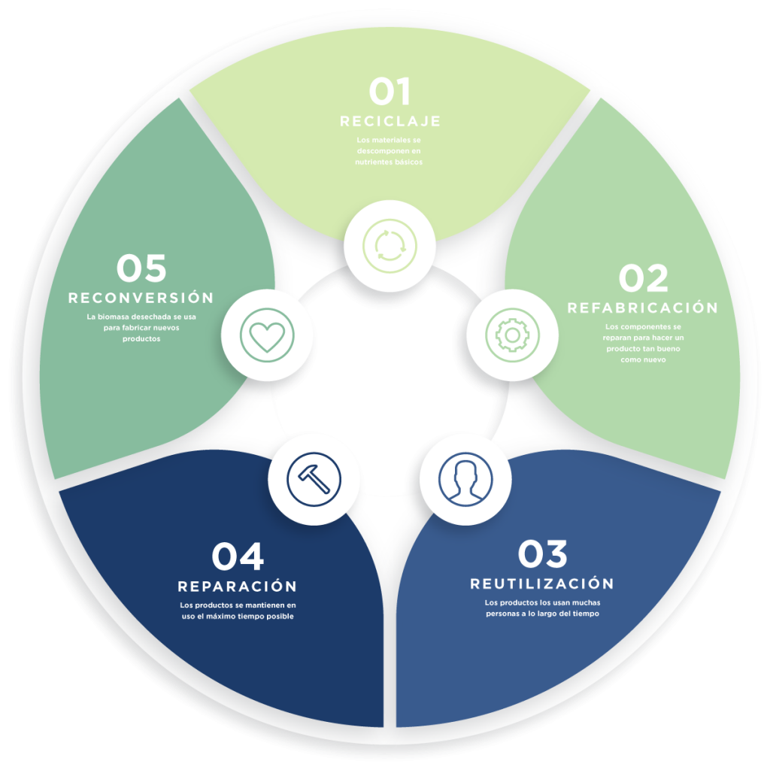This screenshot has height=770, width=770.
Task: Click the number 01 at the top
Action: click(390, 92)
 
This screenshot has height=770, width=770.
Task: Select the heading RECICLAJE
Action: click(390, 121)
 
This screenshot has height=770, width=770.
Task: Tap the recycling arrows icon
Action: click(390, 245)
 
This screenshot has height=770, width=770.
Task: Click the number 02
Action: click(643, 279)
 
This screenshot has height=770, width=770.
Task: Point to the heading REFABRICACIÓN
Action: click(643, 308)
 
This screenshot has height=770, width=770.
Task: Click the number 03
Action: click(542, 554)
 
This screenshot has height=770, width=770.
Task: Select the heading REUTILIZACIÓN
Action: click(542, 584)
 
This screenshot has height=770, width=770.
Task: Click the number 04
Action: click(238, 557)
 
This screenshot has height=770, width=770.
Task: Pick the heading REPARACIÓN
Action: click(238, 586)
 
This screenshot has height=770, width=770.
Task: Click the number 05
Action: click(141, 269)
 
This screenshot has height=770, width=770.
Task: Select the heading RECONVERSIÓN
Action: click(141, 298)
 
